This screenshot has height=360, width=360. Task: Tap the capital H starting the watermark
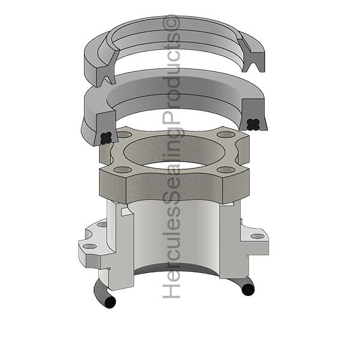point(171,290)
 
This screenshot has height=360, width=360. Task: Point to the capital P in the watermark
point(171,119)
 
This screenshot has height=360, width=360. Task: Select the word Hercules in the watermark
point(171,252)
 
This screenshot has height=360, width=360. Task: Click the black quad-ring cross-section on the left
point(106,139)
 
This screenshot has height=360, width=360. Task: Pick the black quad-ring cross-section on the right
point(253,125)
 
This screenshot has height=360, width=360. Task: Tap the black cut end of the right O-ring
point(248,290)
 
